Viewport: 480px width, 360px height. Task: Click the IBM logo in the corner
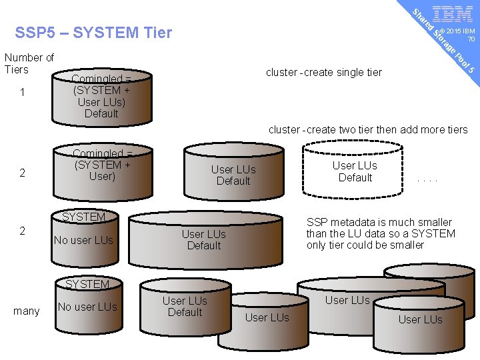[x=453, y=14]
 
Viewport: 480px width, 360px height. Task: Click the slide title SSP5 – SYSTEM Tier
[x=93, y=33]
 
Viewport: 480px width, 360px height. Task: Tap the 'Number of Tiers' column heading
[x=29, y=63]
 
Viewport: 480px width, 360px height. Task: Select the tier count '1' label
[x=23, y=93]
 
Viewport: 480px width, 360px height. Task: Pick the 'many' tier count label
[x=27, y=311]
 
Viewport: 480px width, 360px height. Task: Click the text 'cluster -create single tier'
[x=324, y=72]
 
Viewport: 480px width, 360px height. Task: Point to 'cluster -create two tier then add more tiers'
[x=368, y=129]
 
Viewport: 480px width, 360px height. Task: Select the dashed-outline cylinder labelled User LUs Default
[x=355, y=171]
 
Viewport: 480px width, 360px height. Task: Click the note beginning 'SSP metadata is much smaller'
[x=381, y=233]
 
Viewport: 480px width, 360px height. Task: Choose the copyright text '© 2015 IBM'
[x=457, y=31]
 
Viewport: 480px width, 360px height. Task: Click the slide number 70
[x=471, y=39]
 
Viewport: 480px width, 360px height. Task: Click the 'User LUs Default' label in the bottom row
[x=185, y=307]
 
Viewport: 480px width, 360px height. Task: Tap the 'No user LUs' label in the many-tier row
[x=87, y=307]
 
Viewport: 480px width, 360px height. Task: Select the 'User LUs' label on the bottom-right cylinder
[x=420, y=319]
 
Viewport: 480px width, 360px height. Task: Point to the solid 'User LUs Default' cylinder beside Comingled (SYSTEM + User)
[x=233, y=175]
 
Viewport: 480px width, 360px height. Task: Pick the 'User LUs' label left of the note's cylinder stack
[x=267, y=318]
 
